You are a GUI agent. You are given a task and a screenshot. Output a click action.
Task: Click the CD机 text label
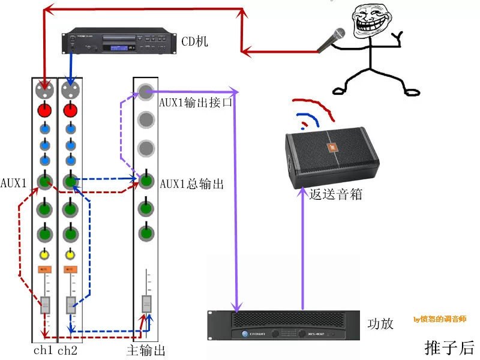[x=195, y=41]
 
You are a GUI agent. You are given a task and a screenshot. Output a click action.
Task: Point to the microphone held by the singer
[x=332, y=40]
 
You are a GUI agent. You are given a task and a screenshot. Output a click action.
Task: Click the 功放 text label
[x=380, y=323]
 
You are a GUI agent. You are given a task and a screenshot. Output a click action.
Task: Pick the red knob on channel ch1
[x=44, y=110]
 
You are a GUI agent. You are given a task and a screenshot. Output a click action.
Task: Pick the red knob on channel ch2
[x=70, y=110]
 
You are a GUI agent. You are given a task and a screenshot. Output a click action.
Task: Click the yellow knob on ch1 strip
[x=44, y=254]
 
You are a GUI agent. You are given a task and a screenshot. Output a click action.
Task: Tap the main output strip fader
[x=146, y=303]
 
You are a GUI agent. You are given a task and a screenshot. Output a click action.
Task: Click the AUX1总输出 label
[x=192, y=184]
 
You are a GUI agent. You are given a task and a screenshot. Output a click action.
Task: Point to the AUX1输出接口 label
[x=196, y=102]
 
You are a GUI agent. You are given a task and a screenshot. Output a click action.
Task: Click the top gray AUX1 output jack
[x=146, y=91]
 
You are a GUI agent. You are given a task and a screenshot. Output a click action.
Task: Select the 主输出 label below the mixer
[x=146, y=350]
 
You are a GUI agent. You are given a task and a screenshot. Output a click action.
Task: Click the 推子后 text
[x=449, y=347]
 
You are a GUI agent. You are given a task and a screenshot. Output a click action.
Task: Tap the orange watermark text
[x=439, y=319]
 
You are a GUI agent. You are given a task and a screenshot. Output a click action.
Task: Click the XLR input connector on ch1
[x=44, y=91]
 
